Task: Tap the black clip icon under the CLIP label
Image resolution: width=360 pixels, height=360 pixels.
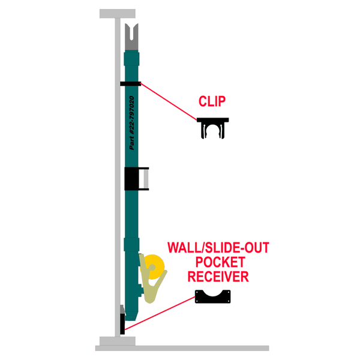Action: coord(214,128)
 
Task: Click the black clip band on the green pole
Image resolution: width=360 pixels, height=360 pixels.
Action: coord(130,84)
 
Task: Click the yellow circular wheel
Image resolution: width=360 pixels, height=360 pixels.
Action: coord(157,266)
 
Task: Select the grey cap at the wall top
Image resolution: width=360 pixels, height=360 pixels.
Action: coord(117,13)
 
